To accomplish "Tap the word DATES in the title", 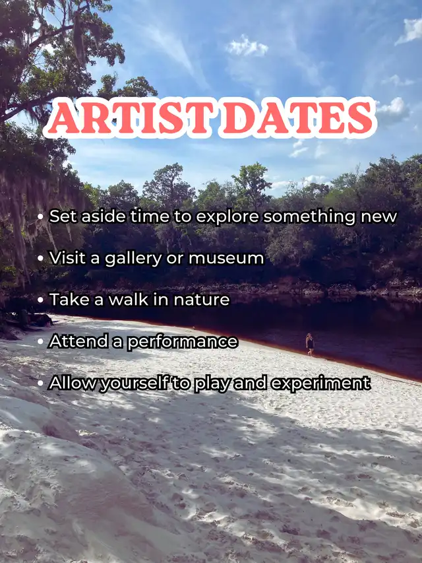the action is click(298, 117).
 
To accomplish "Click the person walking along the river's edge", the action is click(310, 345).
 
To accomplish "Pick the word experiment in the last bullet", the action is click(321, 383).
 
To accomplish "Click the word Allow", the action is click(73, 383).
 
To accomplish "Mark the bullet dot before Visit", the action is click(40, 259).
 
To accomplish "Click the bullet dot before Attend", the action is click(40, 342).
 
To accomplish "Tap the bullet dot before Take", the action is click(40, 300).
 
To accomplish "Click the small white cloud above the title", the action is click(247, 46).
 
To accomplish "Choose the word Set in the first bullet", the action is click(63, 216).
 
